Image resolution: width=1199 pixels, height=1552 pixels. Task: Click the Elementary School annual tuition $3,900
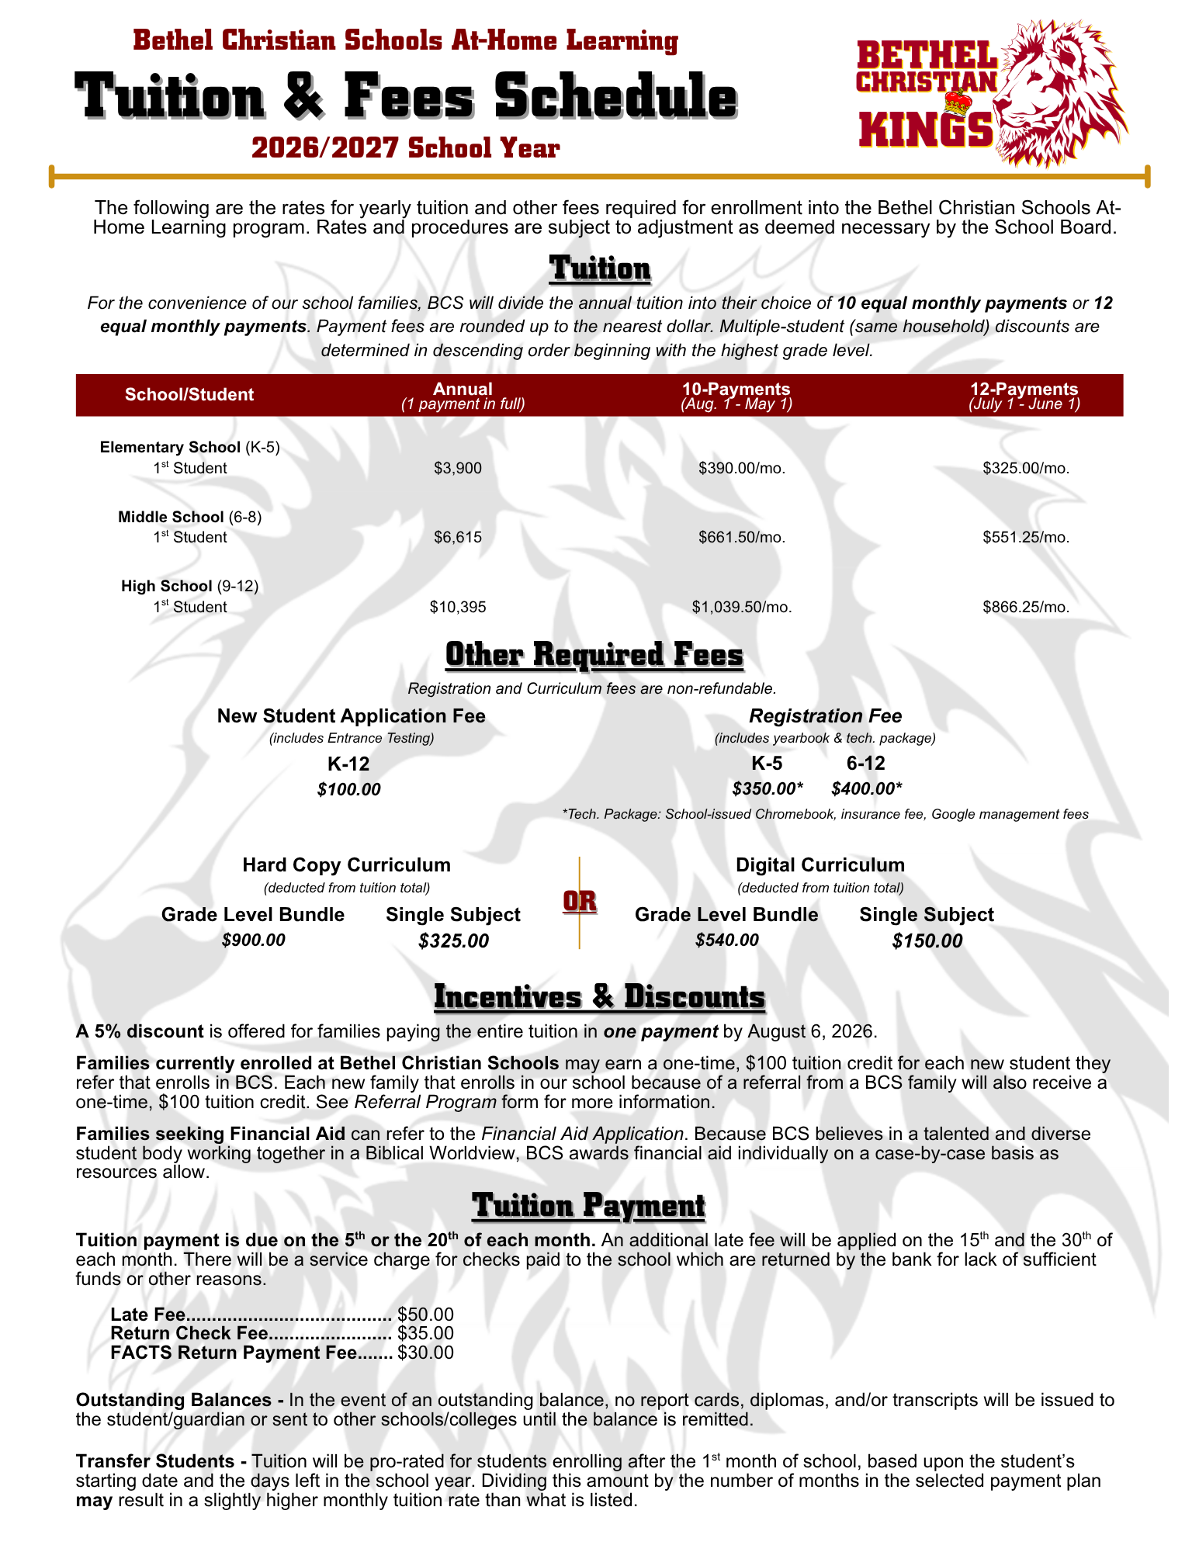click(x=458, y=468)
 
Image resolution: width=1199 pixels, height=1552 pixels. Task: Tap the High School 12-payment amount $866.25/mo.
click(x=1026, y=607)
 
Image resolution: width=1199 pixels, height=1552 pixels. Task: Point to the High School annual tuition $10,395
click(x=458, y=607)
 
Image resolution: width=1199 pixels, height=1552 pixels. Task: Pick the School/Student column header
click(x=189, y=394)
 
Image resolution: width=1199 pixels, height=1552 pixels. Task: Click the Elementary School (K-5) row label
click(x=189, y=447)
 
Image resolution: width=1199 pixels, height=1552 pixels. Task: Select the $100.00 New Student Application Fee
click(x=349, y=790)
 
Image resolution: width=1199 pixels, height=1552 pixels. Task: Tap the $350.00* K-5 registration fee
click(x=768, y=789)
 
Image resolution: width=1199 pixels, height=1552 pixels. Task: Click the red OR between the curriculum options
click(x=580, y=902)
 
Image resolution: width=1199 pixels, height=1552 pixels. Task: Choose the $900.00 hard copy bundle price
click(x=253, y=941)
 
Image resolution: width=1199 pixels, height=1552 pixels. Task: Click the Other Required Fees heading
click(x=594, y=655)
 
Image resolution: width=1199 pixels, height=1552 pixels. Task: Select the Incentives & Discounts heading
click(x=599, y=997)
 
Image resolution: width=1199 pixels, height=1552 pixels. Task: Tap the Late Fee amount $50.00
click(x=425, y=1315)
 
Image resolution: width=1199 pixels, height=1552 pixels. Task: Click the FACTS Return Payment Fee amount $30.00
click(x=425, y=1353)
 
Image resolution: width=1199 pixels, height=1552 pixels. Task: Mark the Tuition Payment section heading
click(x=589, y=1206)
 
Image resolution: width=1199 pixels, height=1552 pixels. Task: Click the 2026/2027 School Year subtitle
click(x=405, y=147)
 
